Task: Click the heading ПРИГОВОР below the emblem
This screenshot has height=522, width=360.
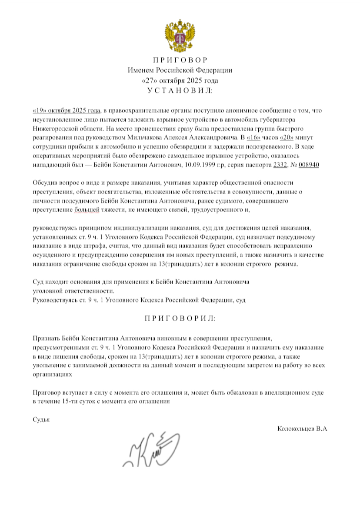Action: [x=180, y=60]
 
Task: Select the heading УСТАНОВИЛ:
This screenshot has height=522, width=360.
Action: [x=180, y=90]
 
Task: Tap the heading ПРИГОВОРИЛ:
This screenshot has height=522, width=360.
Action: [x=180, y=318]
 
